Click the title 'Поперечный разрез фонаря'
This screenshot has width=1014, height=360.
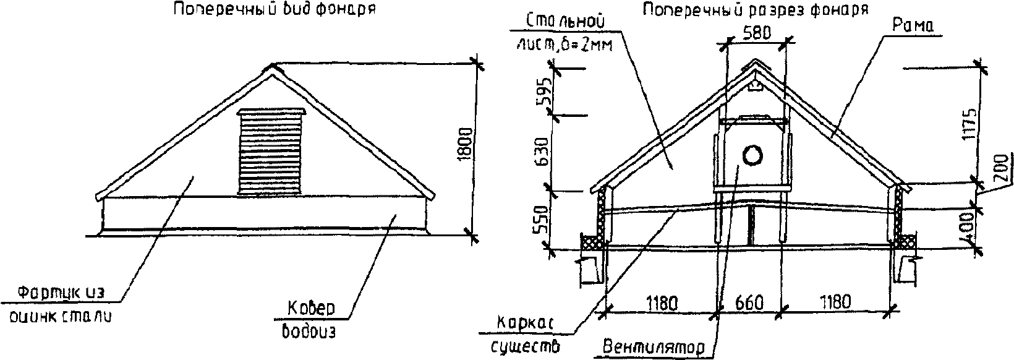click(756, 11)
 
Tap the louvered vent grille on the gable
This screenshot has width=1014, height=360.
click(271, 152)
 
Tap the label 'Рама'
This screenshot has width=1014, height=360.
click(913, 26)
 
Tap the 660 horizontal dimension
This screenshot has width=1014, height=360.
click(750, 303)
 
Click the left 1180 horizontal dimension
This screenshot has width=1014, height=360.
click(662, 303)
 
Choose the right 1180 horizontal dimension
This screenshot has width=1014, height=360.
click(835, 302)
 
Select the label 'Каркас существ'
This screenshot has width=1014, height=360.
click(526, 333)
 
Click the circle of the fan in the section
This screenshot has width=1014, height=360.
click(753, 155)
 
